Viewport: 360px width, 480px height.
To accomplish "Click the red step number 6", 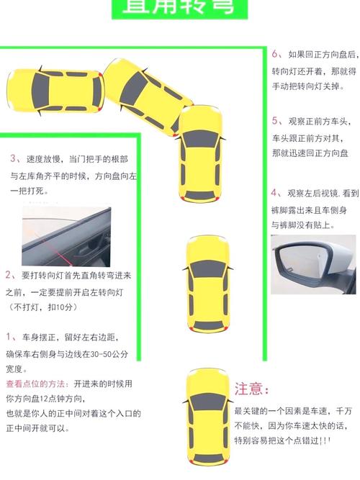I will click(275, 54).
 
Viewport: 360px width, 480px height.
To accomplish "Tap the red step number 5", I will click(275, 119).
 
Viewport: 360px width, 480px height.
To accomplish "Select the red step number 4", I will click(275, 193).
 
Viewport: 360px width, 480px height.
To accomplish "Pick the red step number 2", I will click(8, 275).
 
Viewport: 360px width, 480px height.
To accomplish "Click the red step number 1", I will click(8, 337).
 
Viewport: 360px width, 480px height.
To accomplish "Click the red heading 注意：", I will click(251, 389).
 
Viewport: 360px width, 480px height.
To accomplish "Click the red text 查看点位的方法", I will click(36, 384).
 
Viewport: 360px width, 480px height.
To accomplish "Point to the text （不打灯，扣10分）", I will click(42, 308).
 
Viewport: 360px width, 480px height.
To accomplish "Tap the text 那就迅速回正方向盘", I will click(310, 153).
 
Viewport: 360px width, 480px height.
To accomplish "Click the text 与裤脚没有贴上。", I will click(302, 225).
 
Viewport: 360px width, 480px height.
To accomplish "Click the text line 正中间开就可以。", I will click(37, 428).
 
